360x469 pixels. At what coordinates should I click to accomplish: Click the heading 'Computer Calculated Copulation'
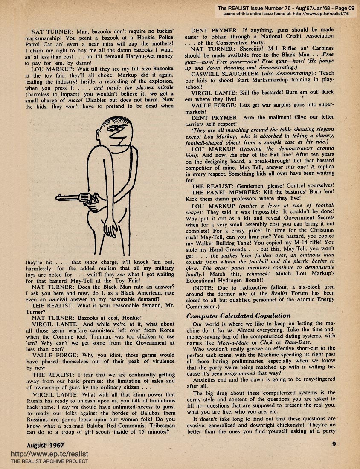click(238, 316)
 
